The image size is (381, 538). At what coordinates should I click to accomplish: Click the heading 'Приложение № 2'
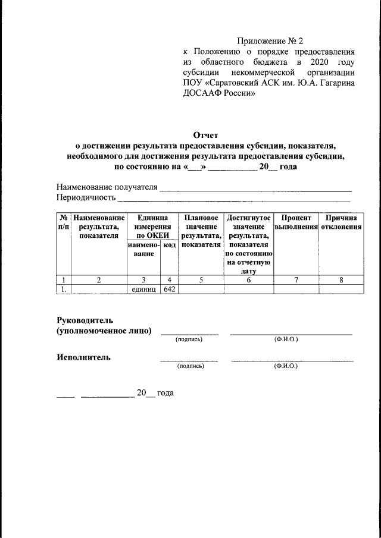click(x=270, y=41)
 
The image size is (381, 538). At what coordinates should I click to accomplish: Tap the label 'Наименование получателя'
click(x=107, y=187)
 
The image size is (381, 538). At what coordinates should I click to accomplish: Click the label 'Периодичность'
click(x=85, y=197)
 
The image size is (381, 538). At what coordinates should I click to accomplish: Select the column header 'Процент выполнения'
click(x=296, y=223)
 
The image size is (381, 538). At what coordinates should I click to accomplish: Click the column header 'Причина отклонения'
click(x=341, y=223)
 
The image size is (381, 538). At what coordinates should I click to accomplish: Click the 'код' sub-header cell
click(x=169, y=246)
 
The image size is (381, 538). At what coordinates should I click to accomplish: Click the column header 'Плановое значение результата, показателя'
click(x=201, y=232)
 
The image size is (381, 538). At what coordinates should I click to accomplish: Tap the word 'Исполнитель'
click(x=83, y=357)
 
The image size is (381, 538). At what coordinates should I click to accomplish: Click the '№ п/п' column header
click(x=64, y=223)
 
